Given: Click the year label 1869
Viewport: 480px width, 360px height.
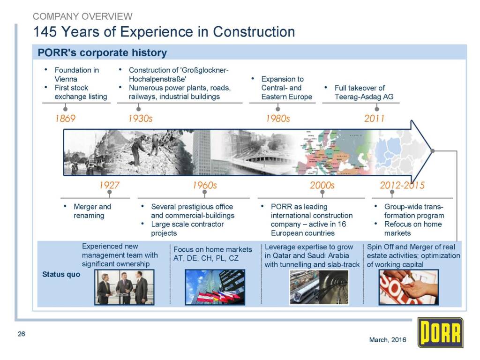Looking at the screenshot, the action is (x=65, y=119).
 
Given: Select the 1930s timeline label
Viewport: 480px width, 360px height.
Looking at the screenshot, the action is (x=140, y=119).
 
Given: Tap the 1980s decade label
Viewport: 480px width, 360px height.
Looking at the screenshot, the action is (x=277, y=119).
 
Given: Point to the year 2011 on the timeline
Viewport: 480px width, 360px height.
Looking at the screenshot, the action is (x=374, y=119).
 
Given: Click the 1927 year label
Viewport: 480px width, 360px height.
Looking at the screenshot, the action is (x=109, y=185).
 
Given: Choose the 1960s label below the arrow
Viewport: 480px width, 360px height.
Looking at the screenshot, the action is (x=204, y=185).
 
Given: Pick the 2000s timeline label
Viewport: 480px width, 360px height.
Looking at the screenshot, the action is (x=322, y=185).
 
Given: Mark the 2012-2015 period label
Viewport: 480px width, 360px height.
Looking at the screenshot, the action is (x=402, y=185).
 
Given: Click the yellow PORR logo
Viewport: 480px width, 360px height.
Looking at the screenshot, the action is (x=441, y=333).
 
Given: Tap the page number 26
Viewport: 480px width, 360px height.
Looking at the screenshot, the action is (x=22, y=334).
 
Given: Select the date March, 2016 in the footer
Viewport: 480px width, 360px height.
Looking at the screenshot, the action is (x=388, y=340).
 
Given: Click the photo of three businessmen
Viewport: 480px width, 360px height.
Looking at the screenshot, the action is (x=124, y=287).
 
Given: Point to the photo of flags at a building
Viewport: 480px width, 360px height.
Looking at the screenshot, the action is (x=215, y=287).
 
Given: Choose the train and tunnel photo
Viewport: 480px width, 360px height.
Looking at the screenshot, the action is (x=319, y=287).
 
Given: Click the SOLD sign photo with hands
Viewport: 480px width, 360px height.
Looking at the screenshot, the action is (x=409, y=287).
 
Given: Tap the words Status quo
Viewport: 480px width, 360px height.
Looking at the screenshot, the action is (x=61, y=274).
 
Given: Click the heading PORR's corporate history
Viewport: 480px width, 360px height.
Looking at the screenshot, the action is (x=102, y=52).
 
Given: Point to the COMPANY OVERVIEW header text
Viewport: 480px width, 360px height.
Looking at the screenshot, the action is (x=82, y=16).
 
